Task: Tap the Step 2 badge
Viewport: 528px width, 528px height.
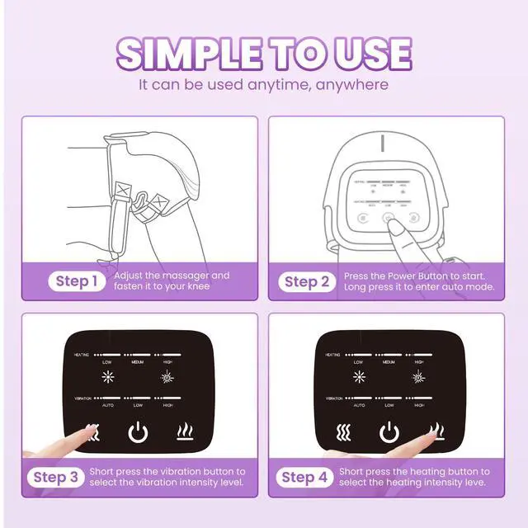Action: (x=307, y=281)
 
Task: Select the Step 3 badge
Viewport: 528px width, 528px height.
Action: (x=56, y=477)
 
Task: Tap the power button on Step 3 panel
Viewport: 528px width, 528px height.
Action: (x=139, y=431)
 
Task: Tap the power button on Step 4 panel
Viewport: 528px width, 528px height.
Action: (x=389, y=431)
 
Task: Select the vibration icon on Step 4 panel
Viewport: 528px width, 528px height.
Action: (x=342, y=431)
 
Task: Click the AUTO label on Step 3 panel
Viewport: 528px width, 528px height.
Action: (x=106, y=405)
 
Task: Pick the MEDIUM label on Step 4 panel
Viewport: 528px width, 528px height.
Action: (x=388, y=362)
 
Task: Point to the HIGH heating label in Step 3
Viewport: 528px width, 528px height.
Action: (x=167, y=362)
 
